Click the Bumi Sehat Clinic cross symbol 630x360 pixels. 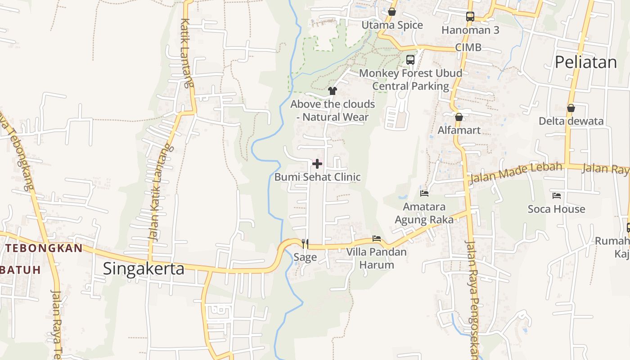(x=317, y=164)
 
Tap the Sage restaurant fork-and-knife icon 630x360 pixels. (x=305, y=244)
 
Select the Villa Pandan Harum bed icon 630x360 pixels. (x=377, y=238)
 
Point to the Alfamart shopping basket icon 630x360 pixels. (x=459, y=117)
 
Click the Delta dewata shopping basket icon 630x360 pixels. (x=571, y=108)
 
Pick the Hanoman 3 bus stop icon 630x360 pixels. (x=470, y=17)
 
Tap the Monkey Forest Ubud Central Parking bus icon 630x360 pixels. (x=410, y=59)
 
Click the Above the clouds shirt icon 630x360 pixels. (x=333, y=91)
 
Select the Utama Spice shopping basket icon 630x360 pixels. (x=392, y=12)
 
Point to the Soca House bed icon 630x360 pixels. (x=557, y=196)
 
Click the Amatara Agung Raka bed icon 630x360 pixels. (x=424, y=193)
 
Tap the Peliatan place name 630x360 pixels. (x=585, y=62)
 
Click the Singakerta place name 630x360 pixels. (x=144, y=269)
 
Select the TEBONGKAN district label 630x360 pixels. (x=44, y=248)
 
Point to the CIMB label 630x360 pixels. (x=468, y=47)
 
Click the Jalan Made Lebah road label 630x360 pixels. (x=516, y=173)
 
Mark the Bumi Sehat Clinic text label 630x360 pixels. (x=317, y=177)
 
